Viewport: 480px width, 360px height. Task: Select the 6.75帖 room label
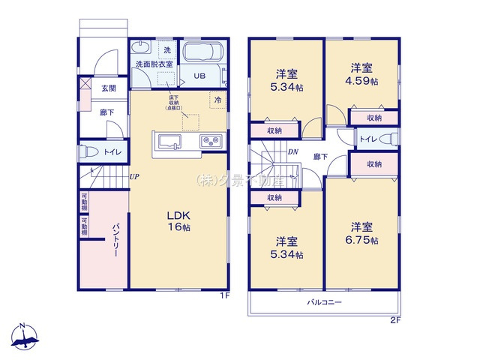pyautogui.click(x=363, y=233)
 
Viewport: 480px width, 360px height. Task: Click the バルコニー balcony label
pyautogui.click(x=323, y=302)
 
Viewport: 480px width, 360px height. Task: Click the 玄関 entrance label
pyautogui.click(x=109, y=88)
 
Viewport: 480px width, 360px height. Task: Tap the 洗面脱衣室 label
pyautogui.click(x=154, y=64)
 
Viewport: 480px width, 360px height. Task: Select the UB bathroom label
pyautogui.click(x=200, y=76)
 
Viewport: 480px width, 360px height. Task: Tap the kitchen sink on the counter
pyautogui.click(x=167, y=141)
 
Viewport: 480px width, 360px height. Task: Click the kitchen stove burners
pyautogui.click(x=208, y=140)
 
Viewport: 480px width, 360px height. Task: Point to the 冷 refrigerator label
pyautogui.click(x=217, y=100)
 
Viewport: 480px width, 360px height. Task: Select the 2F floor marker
pyautogui.click(x=394, y=320)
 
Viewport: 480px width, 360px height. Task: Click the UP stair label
pyautogui.click(x=133, y=177)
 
